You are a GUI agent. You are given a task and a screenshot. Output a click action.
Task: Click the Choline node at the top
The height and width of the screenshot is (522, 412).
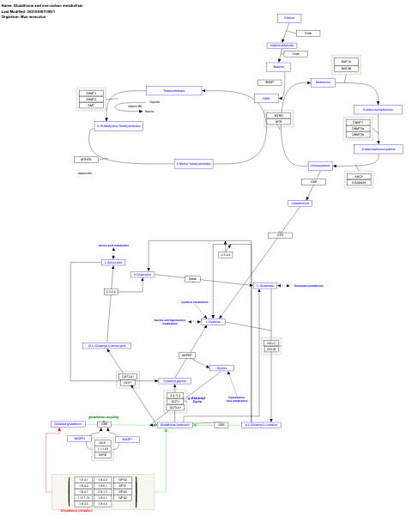point(289,18)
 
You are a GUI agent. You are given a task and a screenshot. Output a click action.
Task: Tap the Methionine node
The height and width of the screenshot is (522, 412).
point(322,82)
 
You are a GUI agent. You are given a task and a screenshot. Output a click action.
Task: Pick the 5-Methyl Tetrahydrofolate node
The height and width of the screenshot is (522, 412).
point(193,163)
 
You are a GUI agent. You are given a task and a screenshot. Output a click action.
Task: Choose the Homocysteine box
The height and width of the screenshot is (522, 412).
point(320,166)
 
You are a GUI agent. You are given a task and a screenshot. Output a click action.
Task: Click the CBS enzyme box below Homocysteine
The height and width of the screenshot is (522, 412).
point(313,182)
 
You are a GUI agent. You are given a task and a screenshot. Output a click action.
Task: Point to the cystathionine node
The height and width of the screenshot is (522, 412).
point(300,203)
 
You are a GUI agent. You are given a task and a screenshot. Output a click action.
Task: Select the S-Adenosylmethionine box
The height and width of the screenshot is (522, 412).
point(378,109)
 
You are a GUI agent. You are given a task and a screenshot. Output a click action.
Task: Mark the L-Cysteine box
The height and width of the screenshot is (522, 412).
point(213,321)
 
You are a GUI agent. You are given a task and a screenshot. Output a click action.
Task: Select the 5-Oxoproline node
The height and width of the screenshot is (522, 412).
point(142,275)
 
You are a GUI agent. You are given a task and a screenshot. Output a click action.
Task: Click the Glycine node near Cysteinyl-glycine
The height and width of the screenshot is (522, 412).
point(221,367)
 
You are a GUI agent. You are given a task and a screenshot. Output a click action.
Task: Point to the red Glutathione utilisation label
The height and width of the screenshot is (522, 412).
point(75,510)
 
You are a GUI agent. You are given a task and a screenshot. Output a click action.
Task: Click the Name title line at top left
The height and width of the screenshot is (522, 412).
point(33,5)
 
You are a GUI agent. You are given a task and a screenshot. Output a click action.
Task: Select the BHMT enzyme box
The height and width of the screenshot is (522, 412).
point(269,82)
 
